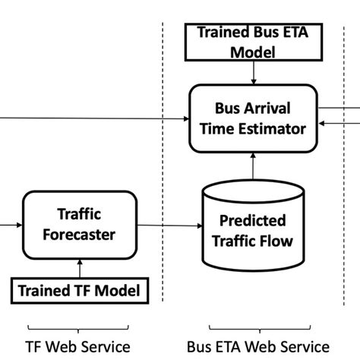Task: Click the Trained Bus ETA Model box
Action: click(251, 43)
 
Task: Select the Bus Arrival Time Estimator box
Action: click(252, 117)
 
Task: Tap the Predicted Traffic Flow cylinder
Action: click(251, 229)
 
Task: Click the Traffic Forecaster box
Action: click(79, 225)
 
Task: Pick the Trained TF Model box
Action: click(79, 290)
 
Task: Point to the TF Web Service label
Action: click(79, 347)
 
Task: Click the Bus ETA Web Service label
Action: click(257, 347)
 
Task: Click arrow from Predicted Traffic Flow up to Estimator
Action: click(252, 165)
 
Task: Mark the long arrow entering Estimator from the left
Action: click(91, 118)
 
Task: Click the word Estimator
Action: click(273, 128)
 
